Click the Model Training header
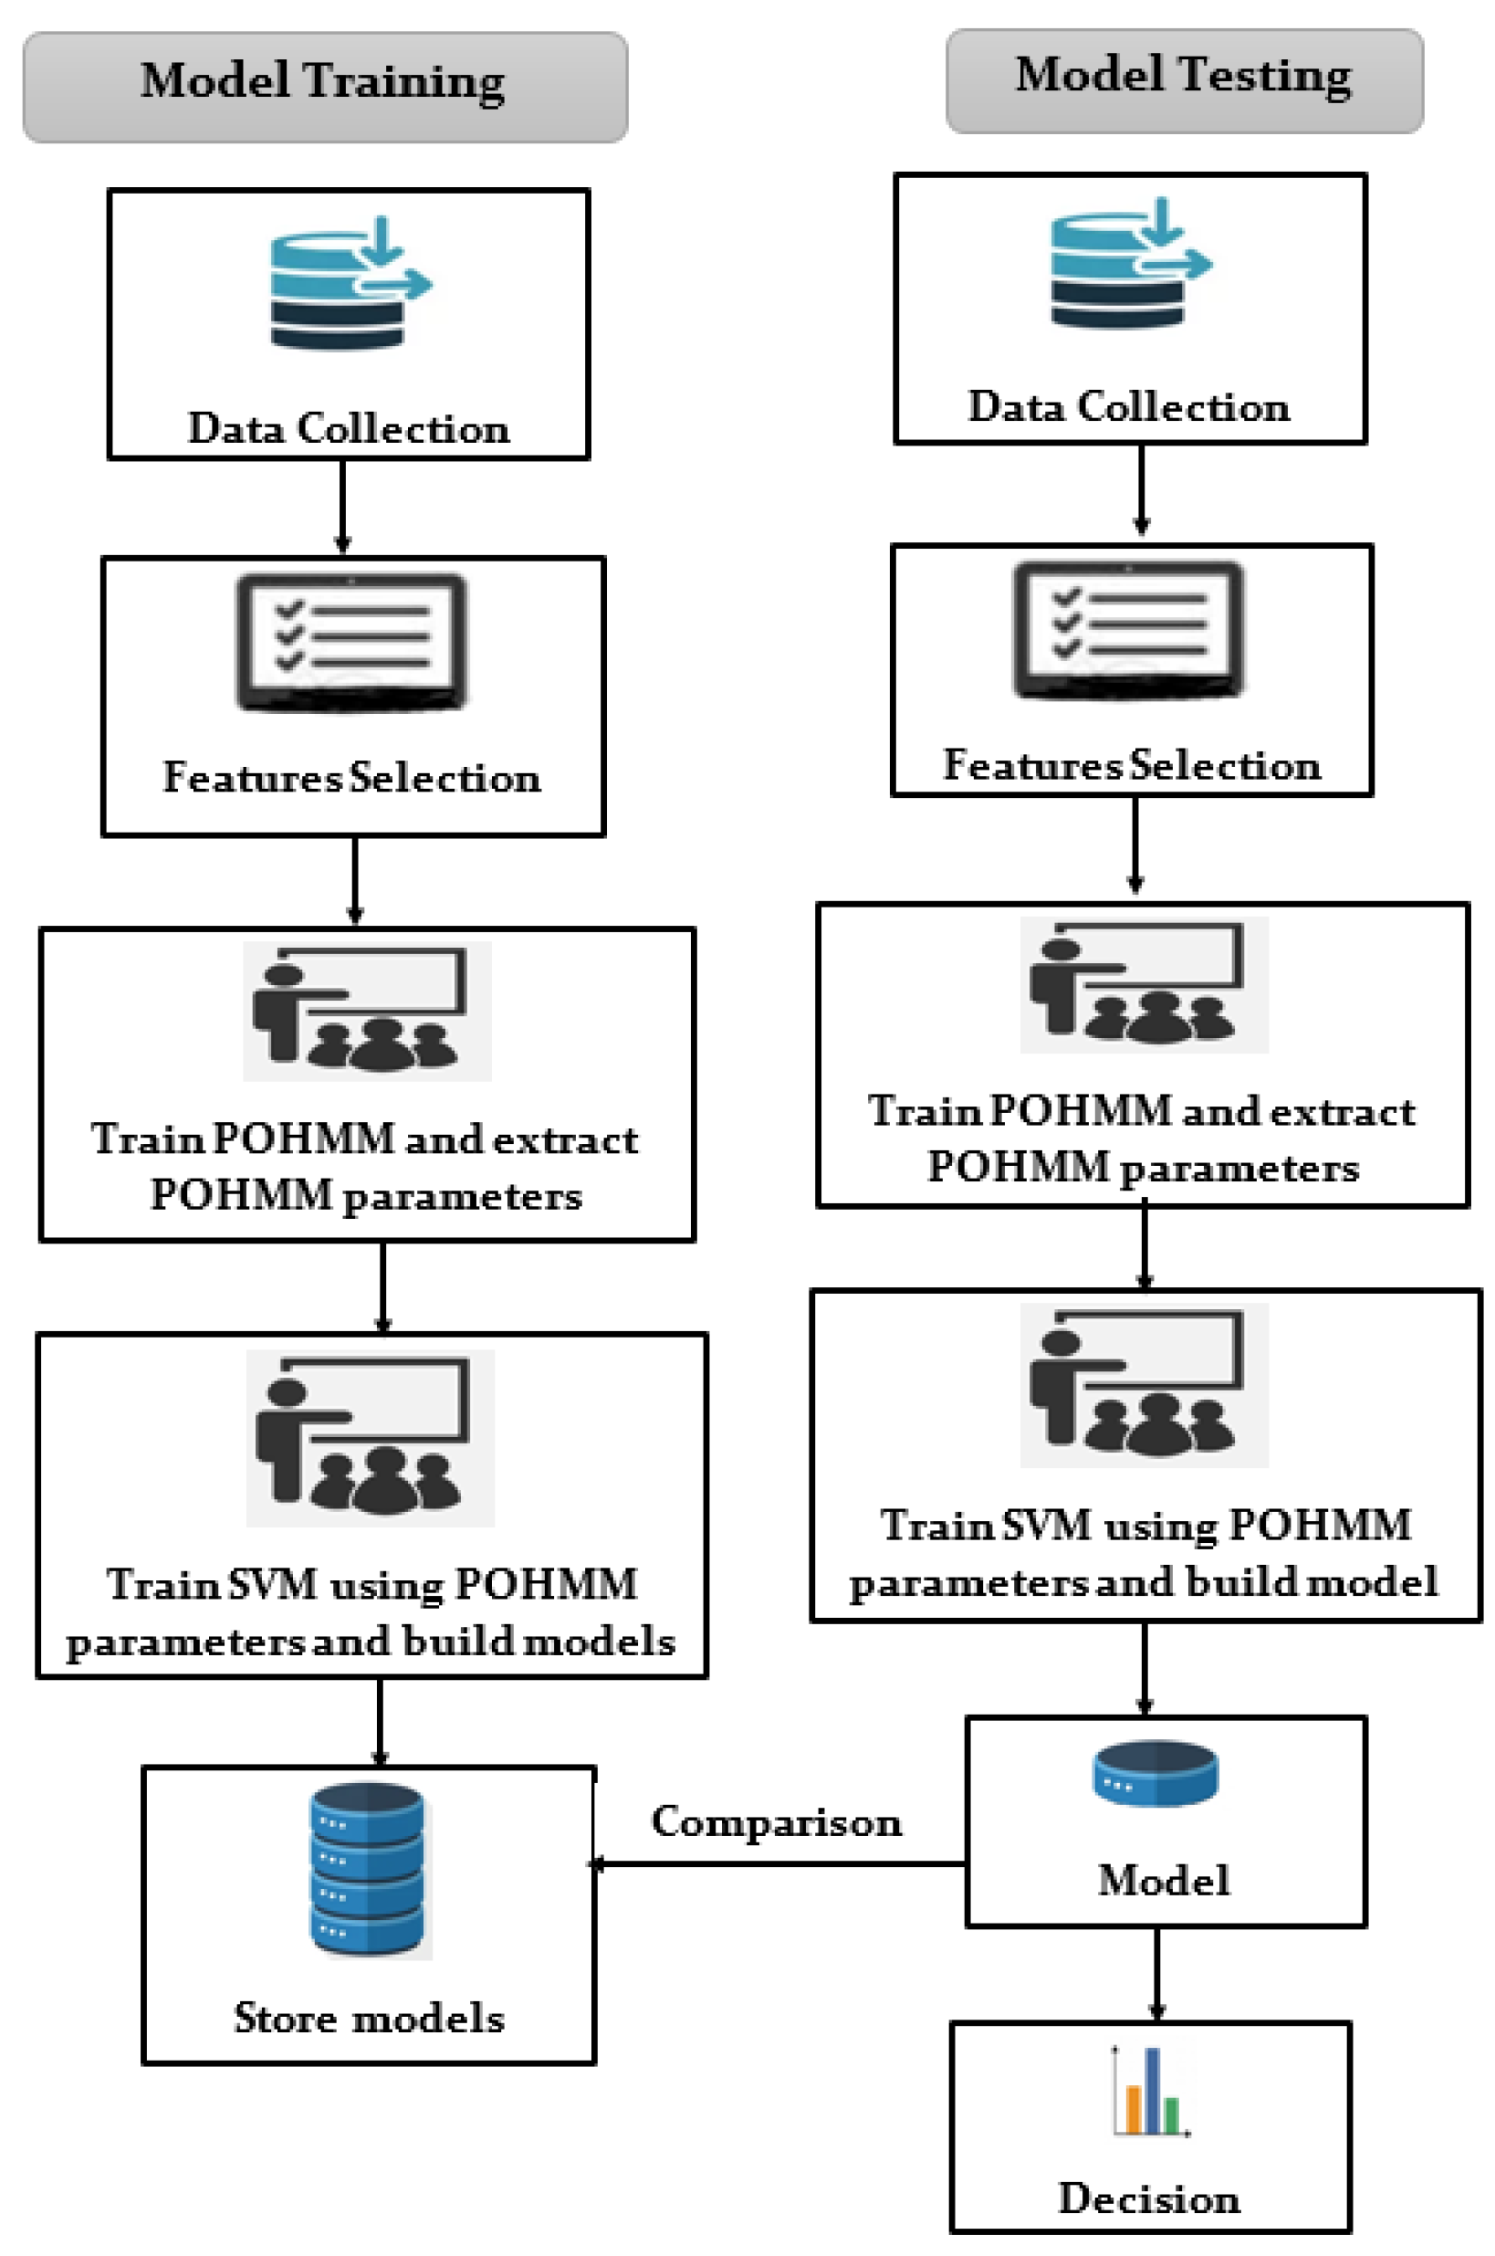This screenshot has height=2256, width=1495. click(x=325, y=87)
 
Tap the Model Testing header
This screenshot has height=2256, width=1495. click(x=1184, y=80)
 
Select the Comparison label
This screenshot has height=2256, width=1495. click(x=776, y=1821)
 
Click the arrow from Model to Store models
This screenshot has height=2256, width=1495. click(x=779, y=1863)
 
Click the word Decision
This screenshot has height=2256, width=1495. click(x=1150, y=2198)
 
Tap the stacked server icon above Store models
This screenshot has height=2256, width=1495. click(x=368, y=1870)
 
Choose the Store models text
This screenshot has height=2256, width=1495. click(x=369, y=2018)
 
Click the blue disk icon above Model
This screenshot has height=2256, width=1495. click(x=1155, y=1774)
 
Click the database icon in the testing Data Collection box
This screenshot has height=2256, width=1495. click(x=1131, y=263)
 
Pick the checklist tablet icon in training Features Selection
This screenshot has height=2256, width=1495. click(x=351, y=643)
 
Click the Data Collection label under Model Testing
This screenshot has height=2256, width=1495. click(x=1130, y=406)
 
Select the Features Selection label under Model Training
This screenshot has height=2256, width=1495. click(x=351, y=777)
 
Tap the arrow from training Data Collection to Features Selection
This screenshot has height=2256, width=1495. click(x=343, y=507)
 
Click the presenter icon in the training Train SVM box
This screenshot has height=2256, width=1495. click(x=370, y=1438)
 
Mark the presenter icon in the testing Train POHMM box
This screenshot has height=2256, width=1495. click(x=1145, y=985)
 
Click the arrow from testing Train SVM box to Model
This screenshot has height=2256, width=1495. click(x=1145, y=1670)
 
